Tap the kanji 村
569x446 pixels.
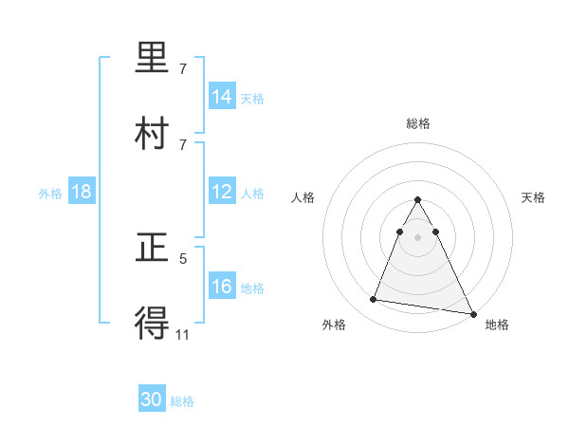click(x=154, y=133)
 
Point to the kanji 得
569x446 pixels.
click(x=154, y=323)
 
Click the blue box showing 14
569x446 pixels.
click(x=222, y=97)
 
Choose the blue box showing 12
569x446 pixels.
click(x=222, y=192)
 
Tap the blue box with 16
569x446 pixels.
click(x=222, y=287)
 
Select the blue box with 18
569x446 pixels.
click(x=82, y=192)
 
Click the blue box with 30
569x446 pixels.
click(x=152, y=400)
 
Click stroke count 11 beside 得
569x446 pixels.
click(x=183, y=333)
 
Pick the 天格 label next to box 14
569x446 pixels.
click(x=252, y=98)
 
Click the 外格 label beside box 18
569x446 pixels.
click(x=50, y=193)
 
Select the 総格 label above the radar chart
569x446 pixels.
click(x=418, y=123)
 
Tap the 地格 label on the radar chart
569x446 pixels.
click(x=497, y=325)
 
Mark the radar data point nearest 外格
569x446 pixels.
click(x=374, y=300)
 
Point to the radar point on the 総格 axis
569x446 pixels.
click(x=417, y=200)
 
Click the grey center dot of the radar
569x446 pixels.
click(x=417, y=236)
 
